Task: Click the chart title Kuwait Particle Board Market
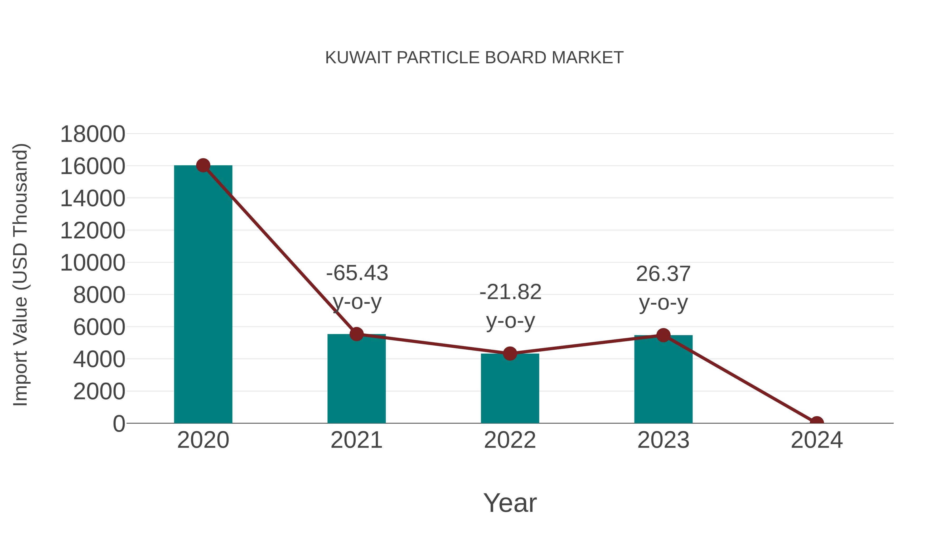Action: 474,58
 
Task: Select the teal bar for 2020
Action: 203,295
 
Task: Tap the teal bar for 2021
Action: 356,379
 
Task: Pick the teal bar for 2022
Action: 510,389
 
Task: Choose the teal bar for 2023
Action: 663,379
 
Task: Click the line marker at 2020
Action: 203,165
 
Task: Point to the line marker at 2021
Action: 356,334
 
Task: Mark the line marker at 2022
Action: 510,353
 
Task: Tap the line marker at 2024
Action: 816,422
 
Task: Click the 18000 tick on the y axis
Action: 93,134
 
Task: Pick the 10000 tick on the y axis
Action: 93,263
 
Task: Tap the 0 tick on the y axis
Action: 119,424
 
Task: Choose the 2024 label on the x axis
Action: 816,440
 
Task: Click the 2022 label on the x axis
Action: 510,440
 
